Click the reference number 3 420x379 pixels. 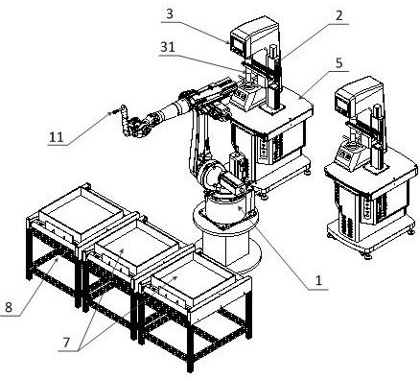tap(170, 14)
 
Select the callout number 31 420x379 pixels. tap(168, 47)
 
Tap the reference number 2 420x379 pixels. tap(338, 15)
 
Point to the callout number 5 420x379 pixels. tap(339, 62)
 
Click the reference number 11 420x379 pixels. tap(57, 137)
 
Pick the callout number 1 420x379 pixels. tap(318, 280)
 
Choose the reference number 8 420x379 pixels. tap(9, 307)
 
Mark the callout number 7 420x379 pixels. tap(66, 343)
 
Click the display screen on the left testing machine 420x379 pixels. tap(238, 43)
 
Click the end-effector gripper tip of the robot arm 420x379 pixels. tap(113, 112)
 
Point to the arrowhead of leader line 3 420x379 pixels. tap(228, 42)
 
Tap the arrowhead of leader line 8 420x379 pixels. tap(58, 259)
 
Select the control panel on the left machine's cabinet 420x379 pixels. tap(265, 149)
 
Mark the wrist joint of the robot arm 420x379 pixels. tap(136, 128)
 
